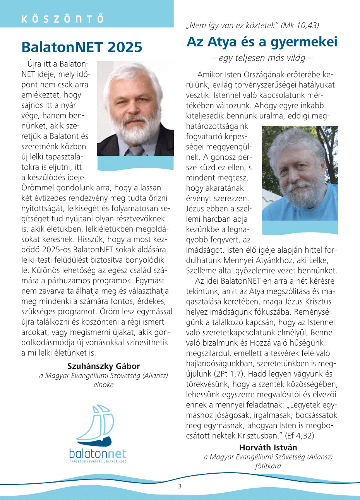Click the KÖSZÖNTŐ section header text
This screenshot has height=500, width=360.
click(63, 19)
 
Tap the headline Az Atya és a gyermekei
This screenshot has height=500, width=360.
click(262, 42)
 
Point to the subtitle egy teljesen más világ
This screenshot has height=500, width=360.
click(262, 58)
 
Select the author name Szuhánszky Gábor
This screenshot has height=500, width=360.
click(103, 366)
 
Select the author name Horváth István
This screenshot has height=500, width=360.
click(268, 447)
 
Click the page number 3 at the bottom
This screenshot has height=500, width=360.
click(180, 486)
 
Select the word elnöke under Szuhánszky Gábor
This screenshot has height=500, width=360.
click(103, 385)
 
